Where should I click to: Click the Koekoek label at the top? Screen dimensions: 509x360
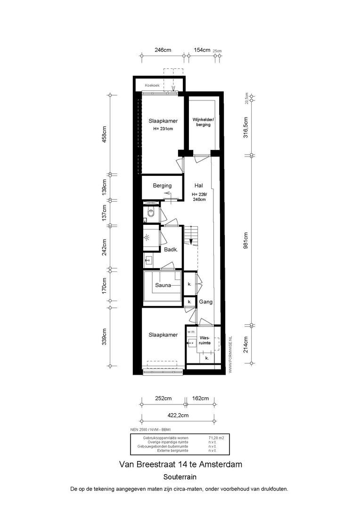[153, 85]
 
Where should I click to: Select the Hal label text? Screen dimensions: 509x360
[198, 186]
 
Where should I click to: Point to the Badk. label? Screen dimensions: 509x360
[170, 250]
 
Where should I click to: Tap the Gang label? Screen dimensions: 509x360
[206, 302]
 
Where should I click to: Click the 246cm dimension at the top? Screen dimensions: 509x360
[163, 49]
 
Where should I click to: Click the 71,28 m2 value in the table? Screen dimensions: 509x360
[216, 438]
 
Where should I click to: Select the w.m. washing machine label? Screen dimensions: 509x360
[191, 332]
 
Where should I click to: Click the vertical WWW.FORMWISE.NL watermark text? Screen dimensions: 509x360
[230, 355]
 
